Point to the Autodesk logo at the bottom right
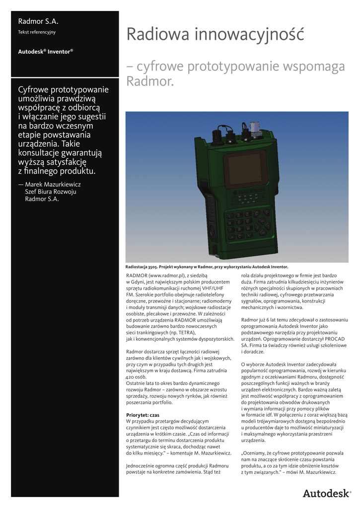pyautogui.click(x=327, y=494)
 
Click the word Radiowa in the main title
pyautogui.click(x=157, y=34)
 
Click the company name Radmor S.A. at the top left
pyautogui.click(x=38, y=21)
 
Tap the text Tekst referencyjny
pyautogui.click(x=37, y=32)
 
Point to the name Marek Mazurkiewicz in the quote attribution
pyautogui.click(x=53, y=184)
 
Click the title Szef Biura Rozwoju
pyautogui.click(x=51, y=191)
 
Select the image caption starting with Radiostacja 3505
pyautogui.click(x=207, y=266)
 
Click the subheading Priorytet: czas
pyautogui.click(x=143, y=414)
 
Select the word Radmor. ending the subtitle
pyautogui.click(x=150, y=81)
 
